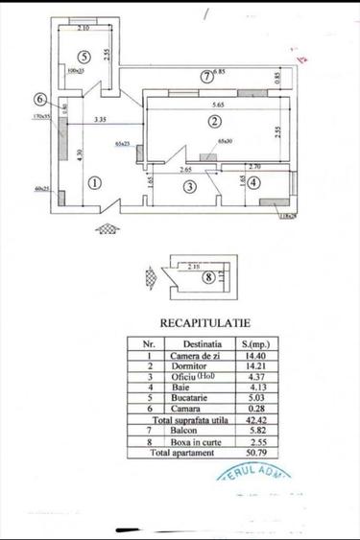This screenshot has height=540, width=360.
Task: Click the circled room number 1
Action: click(x=94, y=182)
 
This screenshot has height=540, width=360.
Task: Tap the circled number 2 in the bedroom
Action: click(x=214, y=121)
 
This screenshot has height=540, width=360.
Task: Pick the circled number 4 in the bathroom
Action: click(x=252, y=182)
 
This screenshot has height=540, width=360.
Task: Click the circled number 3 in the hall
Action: click(x=190, y=186)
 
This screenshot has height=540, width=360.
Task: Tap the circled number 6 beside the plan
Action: click(x=39, y=99)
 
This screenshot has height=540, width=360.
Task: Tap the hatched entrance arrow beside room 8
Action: click(x=151, y=275)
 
